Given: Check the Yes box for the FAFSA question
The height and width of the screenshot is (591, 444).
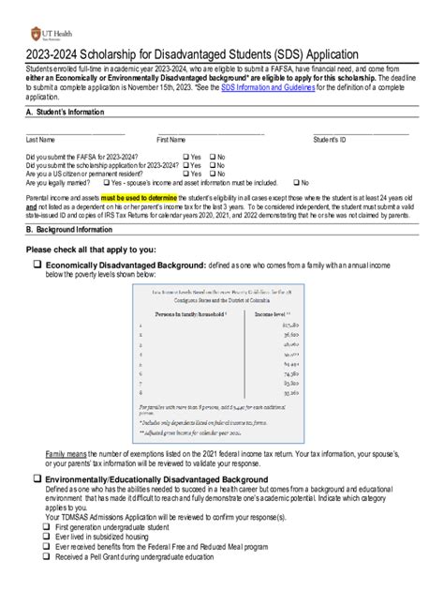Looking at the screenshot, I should point(185,157).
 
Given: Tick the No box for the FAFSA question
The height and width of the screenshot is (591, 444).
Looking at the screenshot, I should point(213,157).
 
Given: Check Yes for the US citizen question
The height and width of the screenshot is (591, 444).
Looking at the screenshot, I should point(185,174).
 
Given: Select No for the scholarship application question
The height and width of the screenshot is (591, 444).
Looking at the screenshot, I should point(213,165).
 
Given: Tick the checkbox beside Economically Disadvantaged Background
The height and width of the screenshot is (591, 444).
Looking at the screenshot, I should point(37,266).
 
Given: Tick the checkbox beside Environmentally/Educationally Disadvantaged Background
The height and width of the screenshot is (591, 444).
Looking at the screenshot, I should point(37,478).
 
